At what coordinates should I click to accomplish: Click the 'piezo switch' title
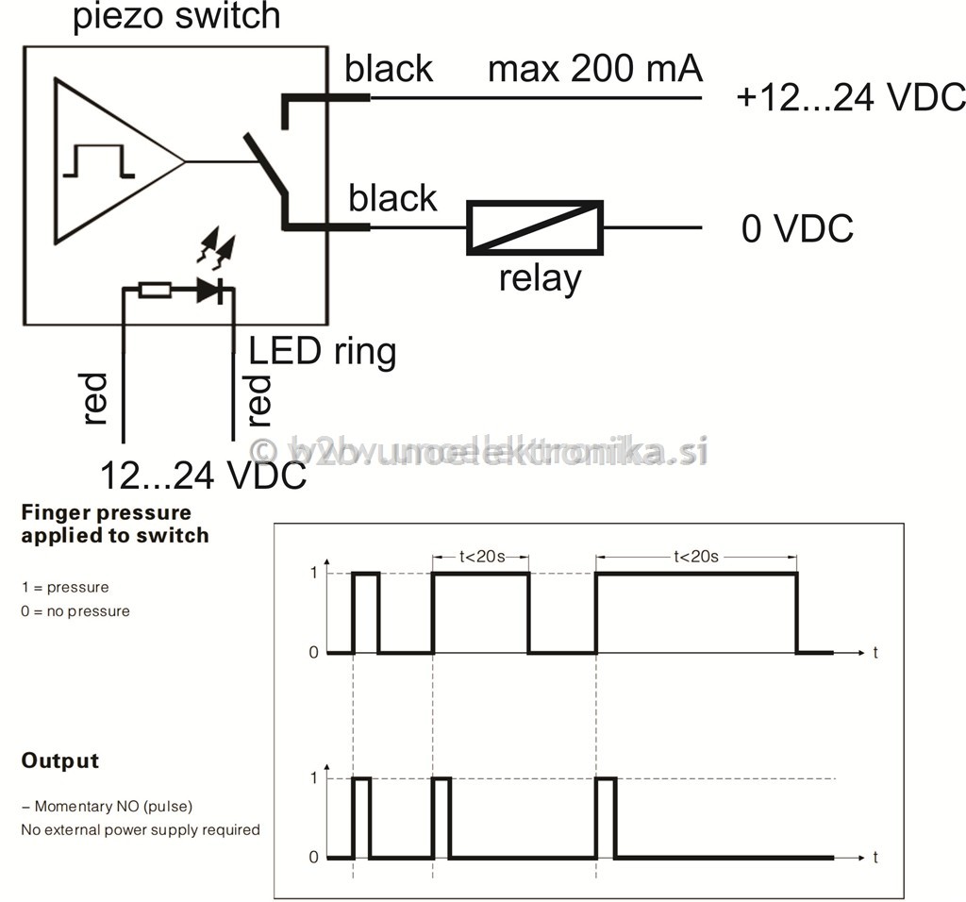click(x=176, y=17)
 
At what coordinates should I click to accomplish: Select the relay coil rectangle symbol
click(x=535, y=227)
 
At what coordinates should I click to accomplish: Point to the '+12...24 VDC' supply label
click(x=849, y=98)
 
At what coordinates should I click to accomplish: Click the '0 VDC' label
click(x=797, y=228)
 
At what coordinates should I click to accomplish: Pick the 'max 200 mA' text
click(x=595, y=69)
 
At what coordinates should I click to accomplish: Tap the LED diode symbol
click(x=209, y=291)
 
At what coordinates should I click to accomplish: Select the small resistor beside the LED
click(x=155, y=291)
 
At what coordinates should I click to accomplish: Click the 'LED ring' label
click(x=323, y=351)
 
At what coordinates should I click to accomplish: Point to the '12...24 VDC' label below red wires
click(x=203, y=476)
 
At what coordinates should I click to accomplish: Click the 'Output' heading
click(x=60, y=760)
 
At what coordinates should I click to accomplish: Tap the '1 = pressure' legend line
click(x=65, y=587)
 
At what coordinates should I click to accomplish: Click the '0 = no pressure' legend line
click(x=75, y=611)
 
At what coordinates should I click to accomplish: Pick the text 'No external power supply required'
click(x=141, y=830)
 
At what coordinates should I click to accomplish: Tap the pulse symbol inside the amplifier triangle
click(x=99, y=161)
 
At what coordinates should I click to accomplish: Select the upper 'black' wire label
click(x=389, y=69)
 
